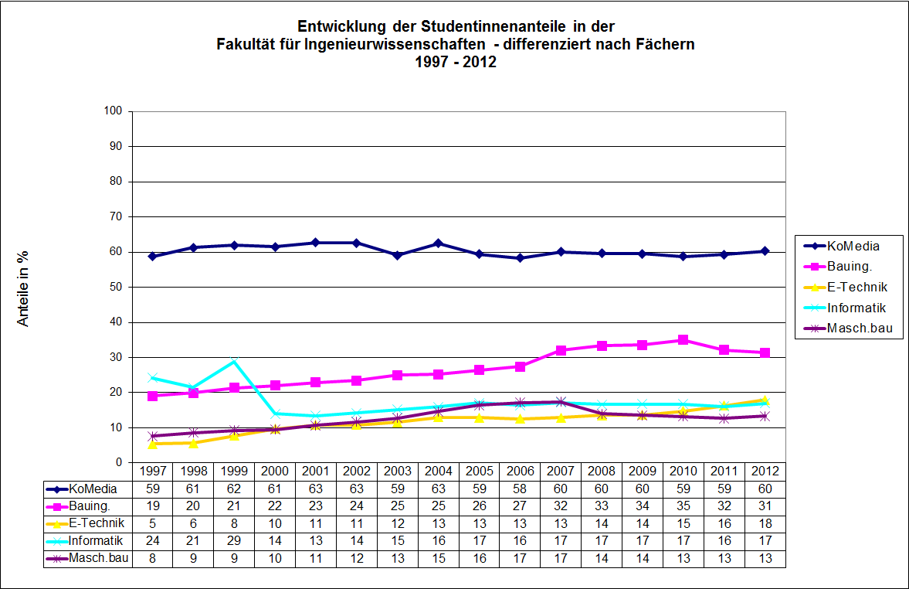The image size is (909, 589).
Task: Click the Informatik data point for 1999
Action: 234,361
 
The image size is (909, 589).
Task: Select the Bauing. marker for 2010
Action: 683,339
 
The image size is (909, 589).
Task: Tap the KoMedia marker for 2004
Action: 439,243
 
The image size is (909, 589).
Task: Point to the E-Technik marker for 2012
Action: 765,400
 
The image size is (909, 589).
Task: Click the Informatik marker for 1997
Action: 153,378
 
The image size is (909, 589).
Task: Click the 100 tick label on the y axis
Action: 113,111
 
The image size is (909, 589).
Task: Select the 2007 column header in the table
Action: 561,471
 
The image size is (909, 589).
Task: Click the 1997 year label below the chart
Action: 153,471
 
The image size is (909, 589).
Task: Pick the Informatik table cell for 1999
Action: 234,540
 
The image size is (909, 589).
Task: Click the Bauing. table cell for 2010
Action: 683,506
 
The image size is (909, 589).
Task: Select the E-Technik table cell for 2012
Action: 765,523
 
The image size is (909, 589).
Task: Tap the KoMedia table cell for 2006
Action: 521,489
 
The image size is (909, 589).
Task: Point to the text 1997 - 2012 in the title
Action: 455,62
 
